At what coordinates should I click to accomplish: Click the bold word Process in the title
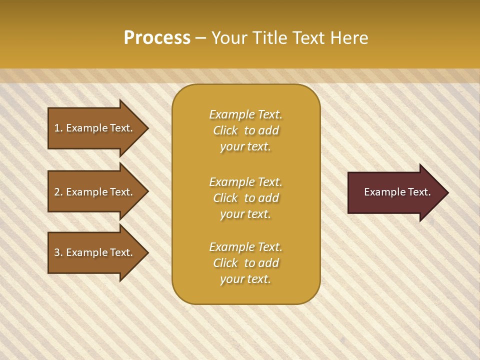[157, 38]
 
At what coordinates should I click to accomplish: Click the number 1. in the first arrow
[58, 128]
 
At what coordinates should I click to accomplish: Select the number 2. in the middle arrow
[58, 192]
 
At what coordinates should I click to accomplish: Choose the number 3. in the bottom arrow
[58, 252]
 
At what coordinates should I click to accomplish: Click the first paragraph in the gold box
[245, 130]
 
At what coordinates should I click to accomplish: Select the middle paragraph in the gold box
[245, 198]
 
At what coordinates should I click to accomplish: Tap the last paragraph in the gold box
[245, 263]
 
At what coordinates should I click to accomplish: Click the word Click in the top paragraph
[225, 130]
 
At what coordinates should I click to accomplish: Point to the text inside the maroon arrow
[397, 192]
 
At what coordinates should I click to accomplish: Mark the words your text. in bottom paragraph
[245, 279]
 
